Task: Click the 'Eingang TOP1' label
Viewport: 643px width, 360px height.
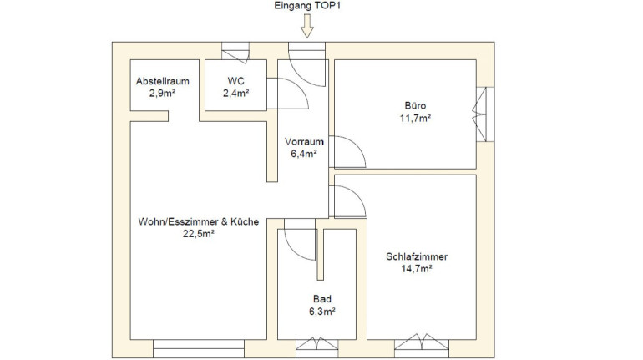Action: point(306,6)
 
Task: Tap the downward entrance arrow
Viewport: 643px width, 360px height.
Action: point(306,26)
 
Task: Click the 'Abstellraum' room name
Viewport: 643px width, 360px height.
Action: point(162,81)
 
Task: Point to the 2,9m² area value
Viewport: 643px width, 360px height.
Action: point(162,93)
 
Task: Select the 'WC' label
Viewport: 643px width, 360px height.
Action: point(235,81)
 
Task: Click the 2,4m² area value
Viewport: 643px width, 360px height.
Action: point(235,93)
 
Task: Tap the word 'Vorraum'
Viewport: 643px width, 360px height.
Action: point(304,142)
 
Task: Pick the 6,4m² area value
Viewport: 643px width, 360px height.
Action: point(304,154)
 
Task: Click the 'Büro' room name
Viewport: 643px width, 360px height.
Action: point(415,106)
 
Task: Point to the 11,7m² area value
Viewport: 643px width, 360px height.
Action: point(415,118)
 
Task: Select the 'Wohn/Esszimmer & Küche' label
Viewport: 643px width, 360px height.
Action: point(199,222)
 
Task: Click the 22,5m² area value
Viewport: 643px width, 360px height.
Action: point(199,234)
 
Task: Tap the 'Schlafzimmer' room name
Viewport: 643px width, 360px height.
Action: point(417,256)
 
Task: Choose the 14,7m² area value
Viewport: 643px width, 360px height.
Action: point(417,269)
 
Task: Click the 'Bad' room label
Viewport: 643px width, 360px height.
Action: point(321,299)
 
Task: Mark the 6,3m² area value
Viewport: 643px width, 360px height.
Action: point(321,312)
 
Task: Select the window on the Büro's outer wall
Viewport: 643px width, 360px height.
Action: point(484,114)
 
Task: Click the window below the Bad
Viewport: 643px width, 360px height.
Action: point(316,347)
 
